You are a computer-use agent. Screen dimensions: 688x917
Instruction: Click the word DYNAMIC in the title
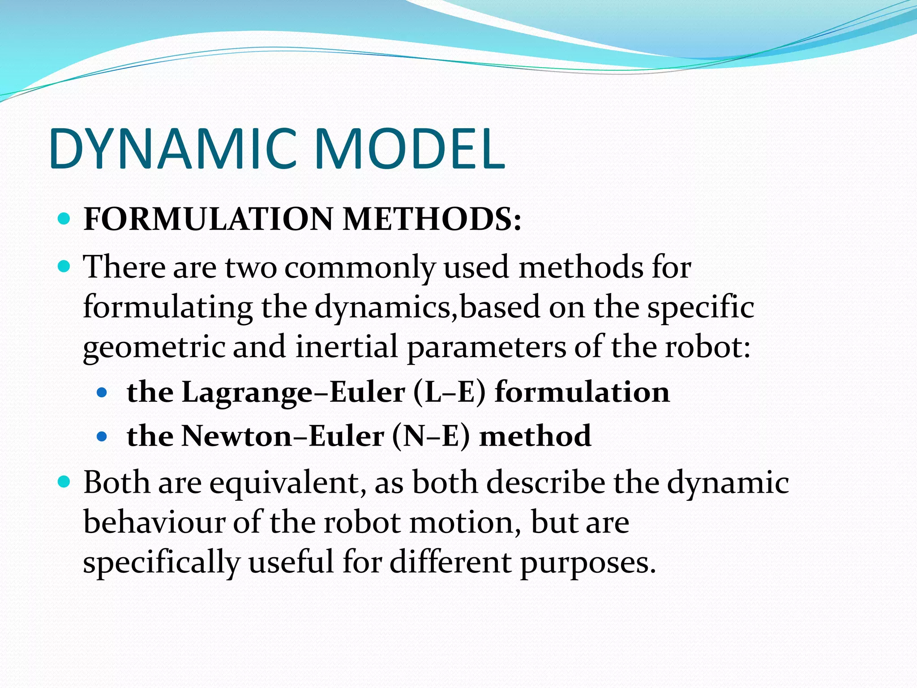click(175, 149)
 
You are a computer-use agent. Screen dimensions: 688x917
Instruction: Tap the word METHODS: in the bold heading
click(432, 219)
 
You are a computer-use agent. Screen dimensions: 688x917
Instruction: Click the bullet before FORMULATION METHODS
click(64, 219)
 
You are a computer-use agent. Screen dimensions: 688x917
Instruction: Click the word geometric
click(154, 348)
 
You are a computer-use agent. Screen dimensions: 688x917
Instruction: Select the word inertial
click(346, 347)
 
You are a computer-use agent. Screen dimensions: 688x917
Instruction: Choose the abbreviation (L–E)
click(449, 392)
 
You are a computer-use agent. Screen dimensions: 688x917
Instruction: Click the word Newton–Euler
click(283, 436)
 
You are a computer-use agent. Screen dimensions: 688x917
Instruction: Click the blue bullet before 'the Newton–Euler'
click(103, 436)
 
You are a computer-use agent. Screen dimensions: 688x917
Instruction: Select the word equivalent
click(287, 484)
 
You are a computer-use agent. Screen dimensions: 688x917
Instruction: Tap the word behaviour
click(154, 522)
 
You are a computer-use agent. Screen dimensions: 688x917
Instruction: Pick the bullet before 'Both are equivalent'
click(64, 482)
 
